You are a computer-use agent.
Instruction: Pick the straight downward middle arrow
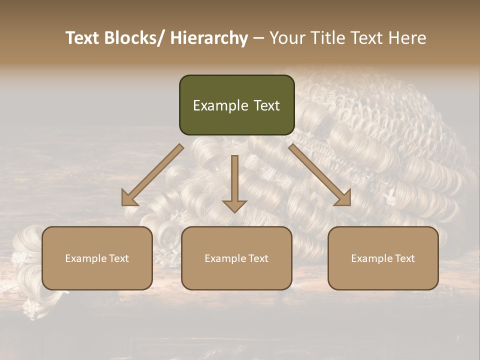(234, 182)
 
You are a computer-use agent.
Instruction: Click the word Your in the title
(286, 38)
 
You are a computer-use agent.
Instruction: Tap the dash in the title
(258, 38)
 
